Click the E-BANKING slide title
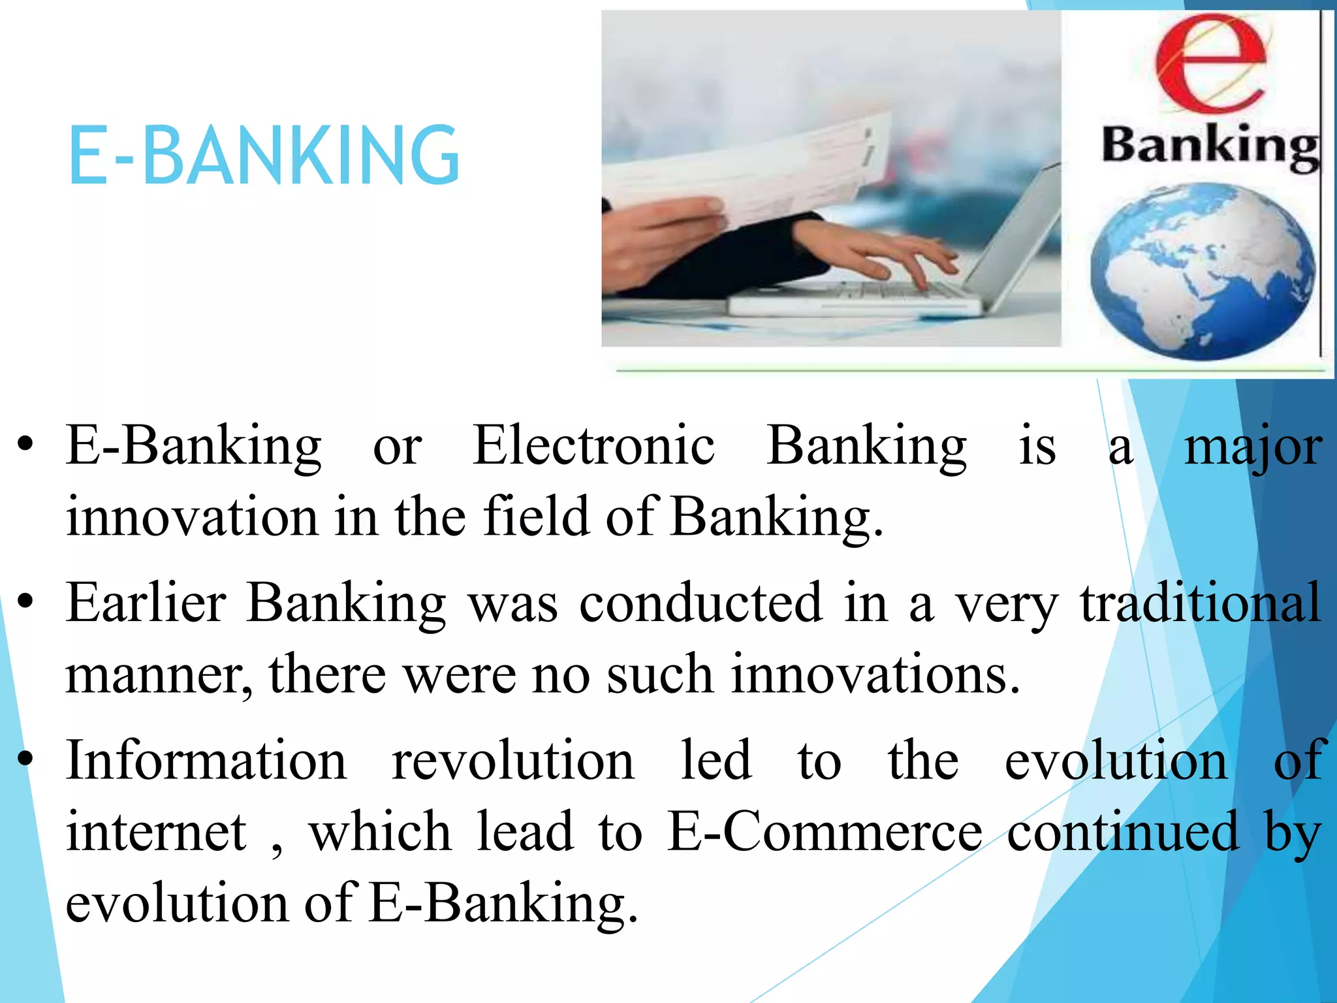point(263,155)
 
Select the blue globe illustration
point(1202,272)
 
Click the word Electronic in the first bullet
point(593,446)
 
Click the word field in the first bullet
point(536,517)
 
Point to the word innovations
point(875,674)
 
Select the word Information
point(206,761)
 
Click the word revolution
point(512,761)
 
